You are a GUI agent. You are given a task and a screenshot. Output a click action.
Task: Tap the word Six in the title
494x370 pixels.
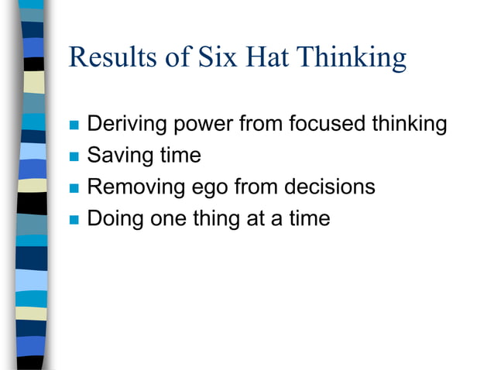(218, 58)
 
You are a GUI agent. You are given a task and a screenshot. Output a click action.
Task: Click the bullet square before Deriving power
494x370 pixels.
(74, 125)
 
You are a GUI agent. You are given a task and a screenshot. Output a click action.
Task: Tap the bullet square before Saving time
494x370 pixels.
(74, 156)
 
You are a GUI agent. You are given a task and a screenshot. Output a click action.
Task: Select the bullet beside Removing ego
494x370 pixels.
(74, 188)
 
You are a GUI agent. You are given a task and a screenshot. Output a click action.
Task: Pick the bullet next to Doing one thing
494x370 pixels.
(74, 220)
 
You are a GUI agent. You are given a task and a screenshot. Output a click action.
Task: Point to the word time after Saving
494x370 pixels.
(180, 155)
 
